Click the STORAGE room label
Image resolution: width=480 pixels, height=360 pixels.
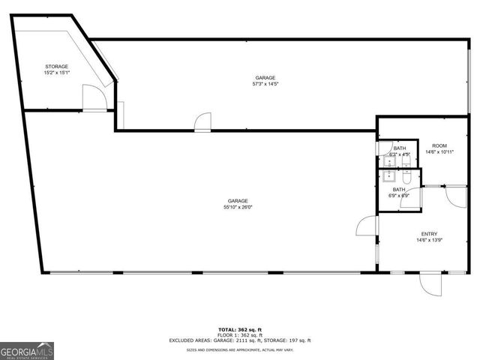point(56,67)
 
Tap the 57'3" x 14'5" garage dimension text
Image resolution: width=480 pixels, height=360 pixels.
point(265,84)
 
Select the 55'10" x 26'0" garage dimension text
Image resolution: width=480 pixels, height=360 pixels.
point(238,208)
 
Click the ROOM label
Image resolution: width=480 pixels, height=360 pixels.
point(439,145)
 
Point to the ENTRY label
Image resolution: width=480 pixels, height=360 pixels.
point(429,233)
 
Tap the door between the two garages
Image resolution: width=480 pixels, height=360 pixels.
point(202,123)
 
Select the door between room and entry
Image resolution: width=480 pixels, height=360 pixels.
point(454,196)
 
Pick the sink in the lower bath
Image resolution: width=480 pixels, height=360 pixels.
point(389,178)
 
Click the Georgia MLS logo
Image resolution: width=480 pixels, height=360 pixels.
point(26,351)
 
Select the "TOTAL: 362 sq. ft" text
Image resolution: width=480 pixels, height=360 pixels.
point(240,329)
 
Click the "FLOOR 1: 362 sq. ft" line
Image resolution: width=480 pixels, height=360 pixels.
point(240,334)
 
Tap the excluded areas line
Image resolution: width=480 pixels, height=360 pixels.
point(240,340)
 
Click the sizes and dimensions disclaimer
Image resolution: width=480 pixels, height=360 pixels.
point(240,349)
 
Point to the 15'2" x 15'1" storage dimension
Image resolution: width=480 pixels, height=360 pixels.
point(56,73)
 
